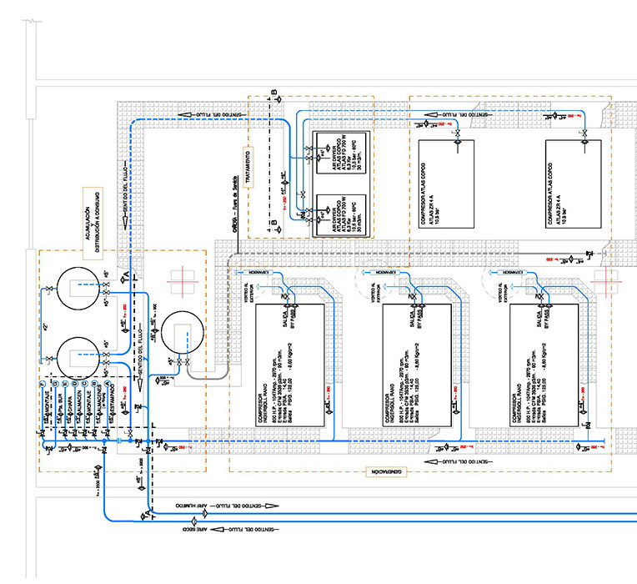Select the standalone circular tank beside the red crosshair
[181, 333]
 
